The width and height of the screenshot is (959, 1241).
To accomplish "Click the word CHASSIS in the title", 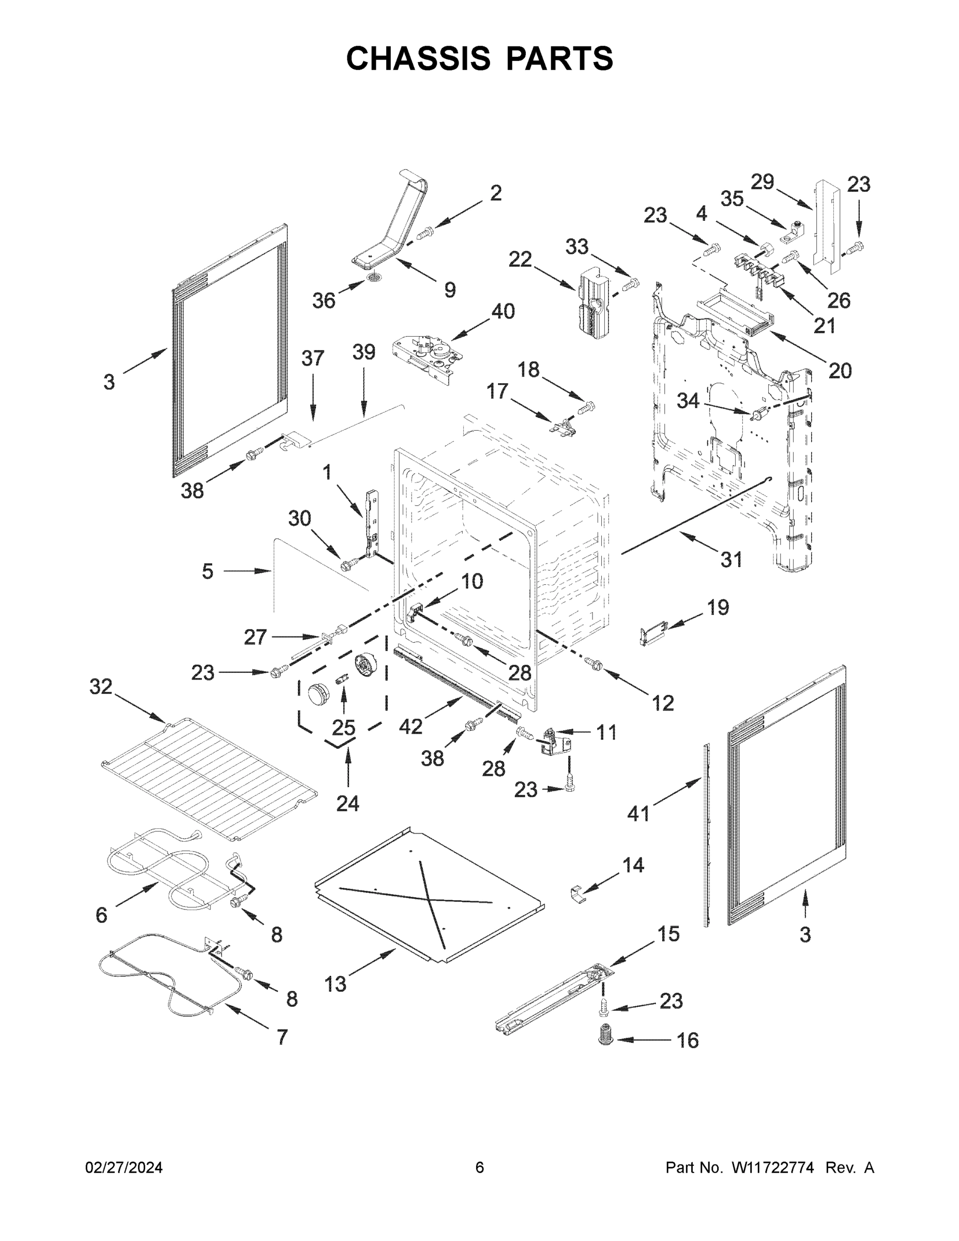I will coord(418,58).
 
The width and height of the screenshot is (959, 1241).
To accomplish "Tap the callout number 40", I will coord(503,311).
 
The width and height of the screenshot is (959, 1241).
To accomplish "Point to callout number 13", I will coord(335,983).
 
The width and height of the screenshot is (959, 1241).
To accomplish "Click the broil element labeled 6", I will coord(165,870).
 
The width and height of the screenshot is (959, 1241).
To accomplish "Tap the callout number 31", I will coord(731,559).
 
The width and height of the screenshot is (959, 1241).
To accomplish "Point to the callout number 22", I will coord(520,259).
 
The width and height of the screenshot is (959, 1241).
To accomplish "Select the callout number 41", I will coord(638,813).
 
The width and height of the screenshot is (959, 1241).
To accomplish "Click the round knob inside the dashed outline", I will coord(319,694).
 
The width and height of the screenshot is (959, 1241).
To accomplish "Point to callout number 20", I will coord(840,370).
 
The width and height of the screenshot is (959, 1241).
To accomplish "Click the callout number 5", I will coord(207,571).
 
